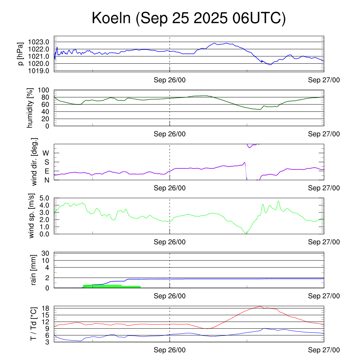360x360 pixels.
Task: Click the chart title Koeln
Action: pos(188,18)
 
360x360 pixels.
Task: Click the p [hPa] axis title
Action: pos(22,54)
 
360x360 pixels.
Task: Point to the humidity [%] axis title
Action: pos(30,108)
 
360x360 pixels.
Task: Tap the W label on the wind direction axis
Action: pos(46,153)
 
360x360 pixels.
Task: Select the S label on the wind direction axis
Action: pos(46,162)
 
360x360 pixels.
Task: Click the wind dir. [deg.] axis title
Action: pos(34,162)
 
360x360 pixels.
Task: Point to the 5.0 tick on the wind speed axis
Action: pos(44,198)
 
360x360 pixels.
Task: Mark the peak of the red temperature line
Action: pos(260,306)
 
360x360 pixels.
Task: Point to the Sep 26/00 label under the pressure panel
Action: pos(170,80)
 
